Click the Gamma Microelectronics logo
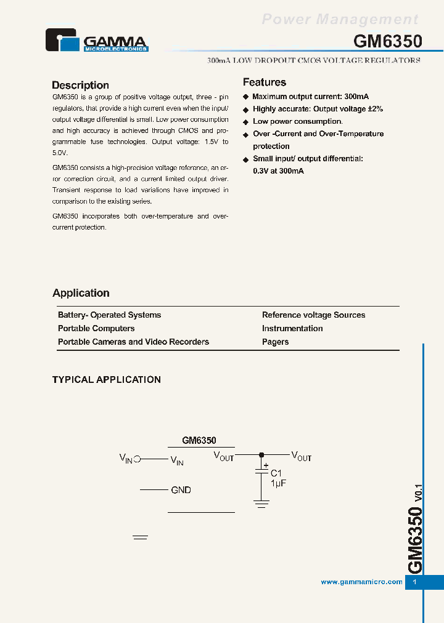tap(97, 40)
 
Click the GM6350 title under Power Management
tap(387, 41)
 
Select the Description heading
tap(80, 86)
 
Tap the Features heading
tap(265, 82)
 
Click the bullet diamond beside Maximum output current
tap(245, 97)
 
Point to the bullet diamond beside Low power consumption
tap(245, 122)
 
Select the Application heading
tap(81, 294)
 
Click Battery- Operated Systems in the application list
tap(109, 315)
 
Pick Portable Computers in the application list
tap(96, 329)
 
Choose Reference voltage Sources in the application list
tap(313, 315)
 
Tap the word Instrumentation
tap(292, 329)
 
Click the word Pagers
tap(275, 342)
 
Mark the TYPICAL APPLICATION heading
tap(106, 380)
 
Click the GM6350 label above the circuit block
tap(199, 441)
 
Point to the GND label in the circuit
tap(181, 490)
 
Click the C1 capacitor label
tap(277, 473)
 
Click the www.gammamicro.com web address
tap(361, 582)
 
